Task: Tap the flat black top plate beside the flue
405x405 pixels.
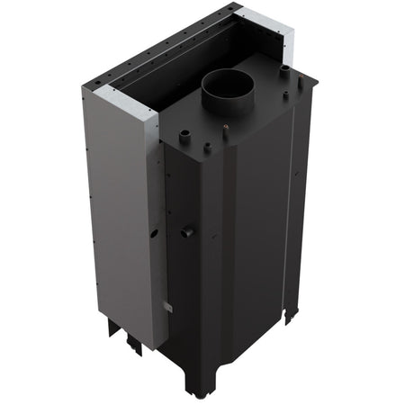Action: tap(261, 112)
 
